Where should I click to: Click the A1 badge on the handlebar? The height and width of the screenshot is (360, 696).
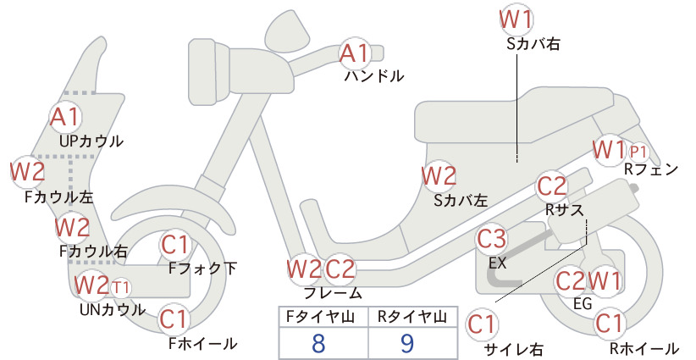(354, 53)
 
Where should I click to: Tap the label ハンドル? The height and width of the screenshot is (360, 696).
(374, 76)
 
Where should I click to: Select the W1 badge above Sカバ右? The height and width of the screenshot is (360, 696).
(516, 19)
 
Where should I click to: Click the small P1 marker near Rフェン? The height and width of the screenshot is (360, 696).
(638, 152)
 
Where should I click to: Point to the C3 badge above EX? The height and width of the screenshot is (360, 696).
(491, 238)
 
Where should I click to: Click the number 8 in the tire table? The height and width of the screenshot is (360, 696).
(318, 343)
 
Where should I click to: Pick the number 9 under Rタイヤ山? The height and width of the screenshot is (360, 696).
(407, 343)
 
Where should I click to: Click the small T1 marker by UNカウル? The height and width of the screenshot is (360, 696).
(120, 288)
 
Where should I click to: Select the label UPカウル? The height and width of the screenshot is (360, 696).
(91, 141)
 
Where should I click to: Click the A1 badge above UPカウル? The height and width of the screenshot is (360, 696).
(65, 117)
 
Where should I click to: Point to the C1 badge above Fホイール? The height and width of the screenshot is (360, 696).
(174, 319)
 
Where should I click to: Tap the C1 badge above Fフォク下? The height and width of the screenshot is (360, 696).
(175, 245)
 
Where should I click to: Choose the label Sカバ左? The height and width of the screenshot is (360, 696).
(461, 201)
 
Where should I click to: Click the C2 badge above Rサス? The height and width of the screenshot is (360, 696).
(552, 186)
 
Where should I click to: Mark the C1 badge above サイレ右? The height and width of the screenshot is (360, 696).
(482, 324)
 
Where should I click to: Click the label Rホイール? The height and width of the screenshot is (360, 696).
(644, 348)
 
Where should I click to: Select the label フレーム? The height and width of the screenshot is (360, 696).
(333, 292)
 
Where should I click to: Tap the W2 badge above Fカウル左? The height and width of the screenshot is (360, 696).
(28, 171)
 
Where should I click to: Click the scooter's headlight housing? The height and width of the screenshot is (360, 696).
(208, 71)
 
